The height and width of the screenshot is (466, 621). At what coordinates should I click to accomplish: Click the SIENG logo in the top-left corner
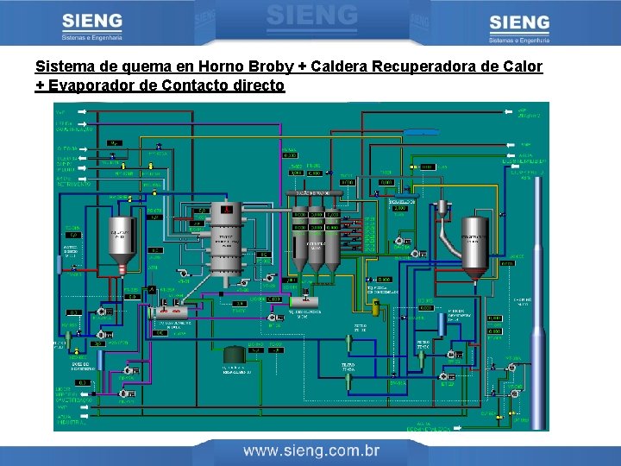[92, 26]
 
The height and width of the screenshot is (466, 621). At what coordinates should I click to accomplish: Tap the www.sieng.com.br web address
[311, 450]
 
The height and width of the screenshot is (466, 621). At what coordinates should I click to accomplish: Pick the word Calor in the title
[523, 66]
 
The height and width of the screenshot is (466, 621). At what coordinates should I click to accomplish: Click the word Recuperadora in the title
[427, 66]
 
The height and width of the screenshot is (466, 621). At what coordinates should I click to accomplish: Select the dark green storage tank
[234, 354]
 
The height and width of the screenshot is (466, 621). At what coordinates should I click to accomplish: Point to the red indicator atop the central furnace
[226, 210]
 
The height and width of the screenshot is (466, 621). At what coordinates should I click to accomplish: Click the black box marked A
[152, 289]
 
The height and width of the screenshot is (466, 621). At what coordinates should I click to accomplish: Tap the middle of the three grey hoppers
[317, 249]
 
